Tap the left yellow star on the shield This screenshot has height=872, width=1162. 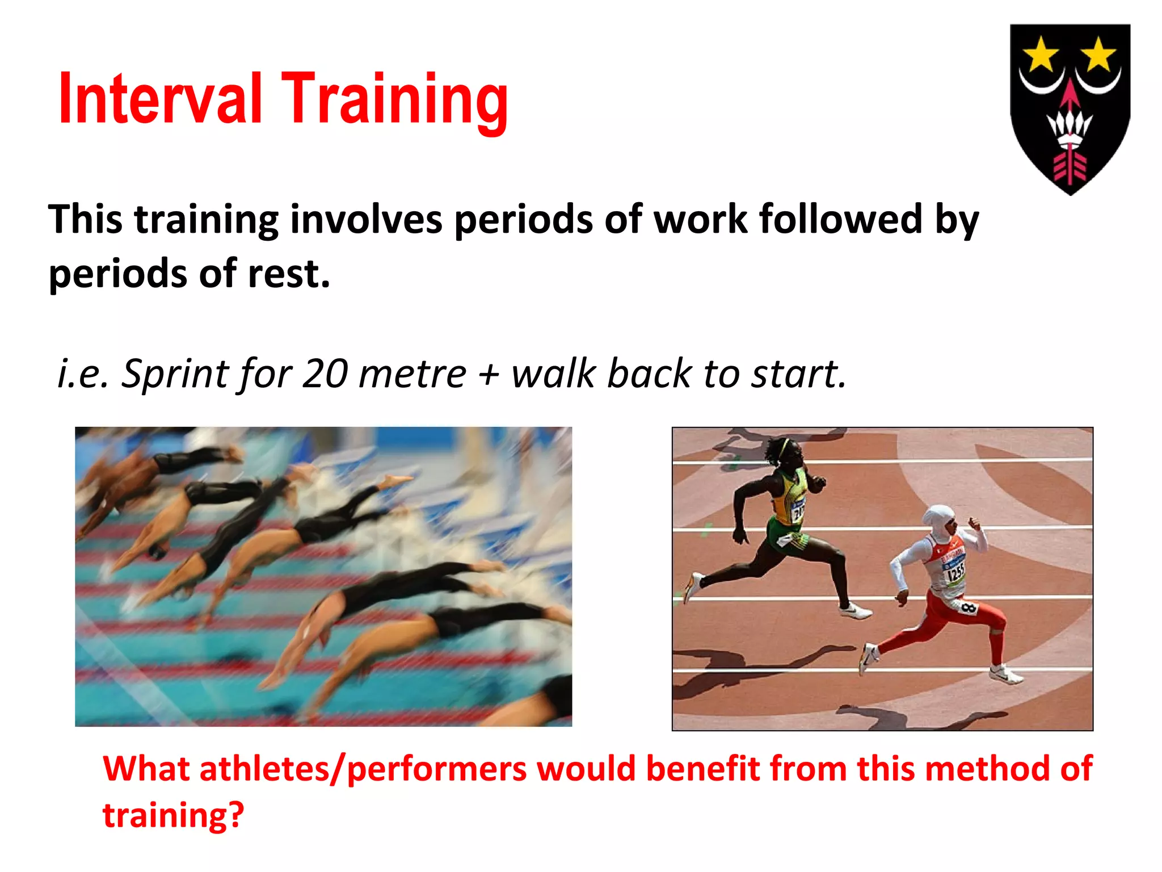1041,56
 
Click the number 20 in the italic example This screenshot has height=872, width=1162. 325,374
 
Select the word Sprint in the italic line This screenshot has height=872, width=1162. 175,374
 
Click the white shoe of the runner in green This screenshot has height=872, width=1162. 856,611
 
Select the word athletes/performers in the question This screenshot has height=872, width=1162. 363,769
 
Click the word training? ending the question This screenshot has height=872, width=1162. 173,815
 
